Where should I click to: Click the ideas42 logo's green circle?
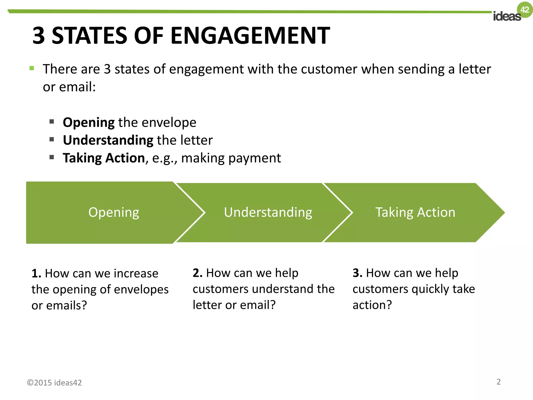(525, 10)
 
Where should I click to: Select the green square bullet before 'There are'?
(32, 68)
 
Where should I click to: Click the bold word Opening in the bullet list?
(88, 122)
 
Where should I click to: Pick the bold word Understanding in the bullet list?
(108, 140)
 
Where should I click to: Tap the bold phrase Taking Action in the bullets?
(104, 158)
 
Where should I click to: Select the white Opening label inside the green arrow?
(114, 212)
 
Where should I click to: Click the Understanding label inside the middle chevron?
(268, 212)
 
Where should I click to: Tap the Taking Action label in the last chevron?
(415, 212)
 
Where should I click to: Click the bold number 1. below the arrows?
(36, 273)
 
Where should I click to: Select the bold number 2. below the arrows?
(198, 273)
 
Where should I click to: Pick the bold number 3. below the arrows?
(357, 273)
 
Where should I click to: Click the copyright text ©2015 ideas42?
(54, 383)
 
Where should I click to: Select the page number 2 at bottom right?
(498, 382)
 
